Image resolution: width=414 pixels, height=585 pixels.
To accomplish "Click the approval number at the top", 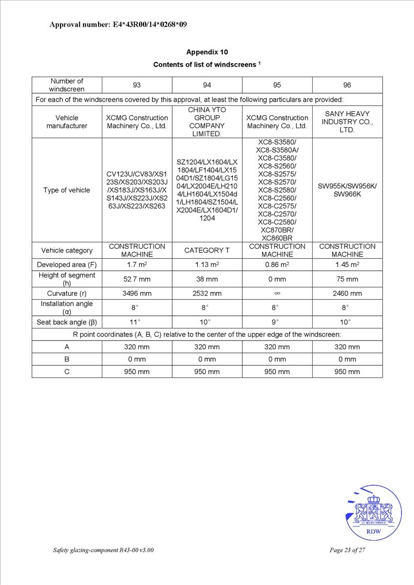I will tap(118, 25).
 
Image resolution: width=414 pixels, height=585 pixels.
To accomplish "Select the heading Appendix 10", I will tap(207, 52).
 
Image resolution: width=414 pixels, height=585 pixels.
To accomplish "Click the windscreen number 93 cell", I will tap(137, 85).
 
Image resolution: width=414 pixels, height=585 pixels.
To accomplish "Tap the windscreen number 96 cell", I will tap(347, 85).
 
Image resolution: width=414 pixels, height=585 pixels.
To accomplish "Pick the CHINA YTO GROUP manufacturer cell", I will tap(207, 122).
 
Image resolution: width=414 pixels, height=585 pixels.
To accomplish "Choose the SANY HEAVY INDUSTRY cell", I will tap(347, 122).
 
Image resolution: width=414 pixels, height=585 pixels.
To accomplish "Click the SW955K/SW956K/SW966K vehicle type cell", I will tap(347, 190).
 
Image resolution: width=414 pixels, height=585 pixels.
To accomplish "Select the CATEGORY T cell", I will tap(207, 250).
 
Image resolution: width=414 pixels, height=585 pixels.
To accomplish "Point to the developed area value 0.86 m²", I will tap(277, 265).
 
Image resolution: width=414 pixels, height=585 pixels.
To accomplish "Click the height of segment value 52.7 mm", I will tap(137, 279).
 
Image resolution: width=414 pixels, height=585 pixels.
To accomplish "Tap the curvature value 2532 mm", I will tap(207, 294).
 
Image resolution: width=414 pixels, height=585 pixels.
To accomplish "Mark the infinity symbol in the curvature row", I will tap(277, 294).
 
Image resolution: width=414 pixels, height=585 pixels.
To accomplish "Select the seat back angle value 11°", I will tap(137, 322).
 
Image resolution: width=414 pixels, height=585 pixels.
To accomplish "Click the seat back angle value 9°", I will tap(277, 322).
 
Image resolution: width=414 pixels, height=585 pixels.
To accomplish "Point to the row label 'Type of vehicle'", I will tap(67, 190).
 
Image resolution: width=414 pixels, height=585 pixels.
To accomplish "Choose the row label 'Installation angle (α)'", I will tap(67, 308).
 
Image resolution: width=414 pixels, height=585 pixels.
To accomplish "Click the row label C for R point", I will tap(67, 372).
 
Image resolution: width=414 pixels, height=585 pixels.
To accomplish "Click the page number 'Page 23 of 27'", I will tap(347, 551).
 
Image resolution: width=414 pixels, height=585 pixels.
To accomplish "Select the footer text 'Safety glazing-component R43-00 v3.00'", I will tap(103, 551).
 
